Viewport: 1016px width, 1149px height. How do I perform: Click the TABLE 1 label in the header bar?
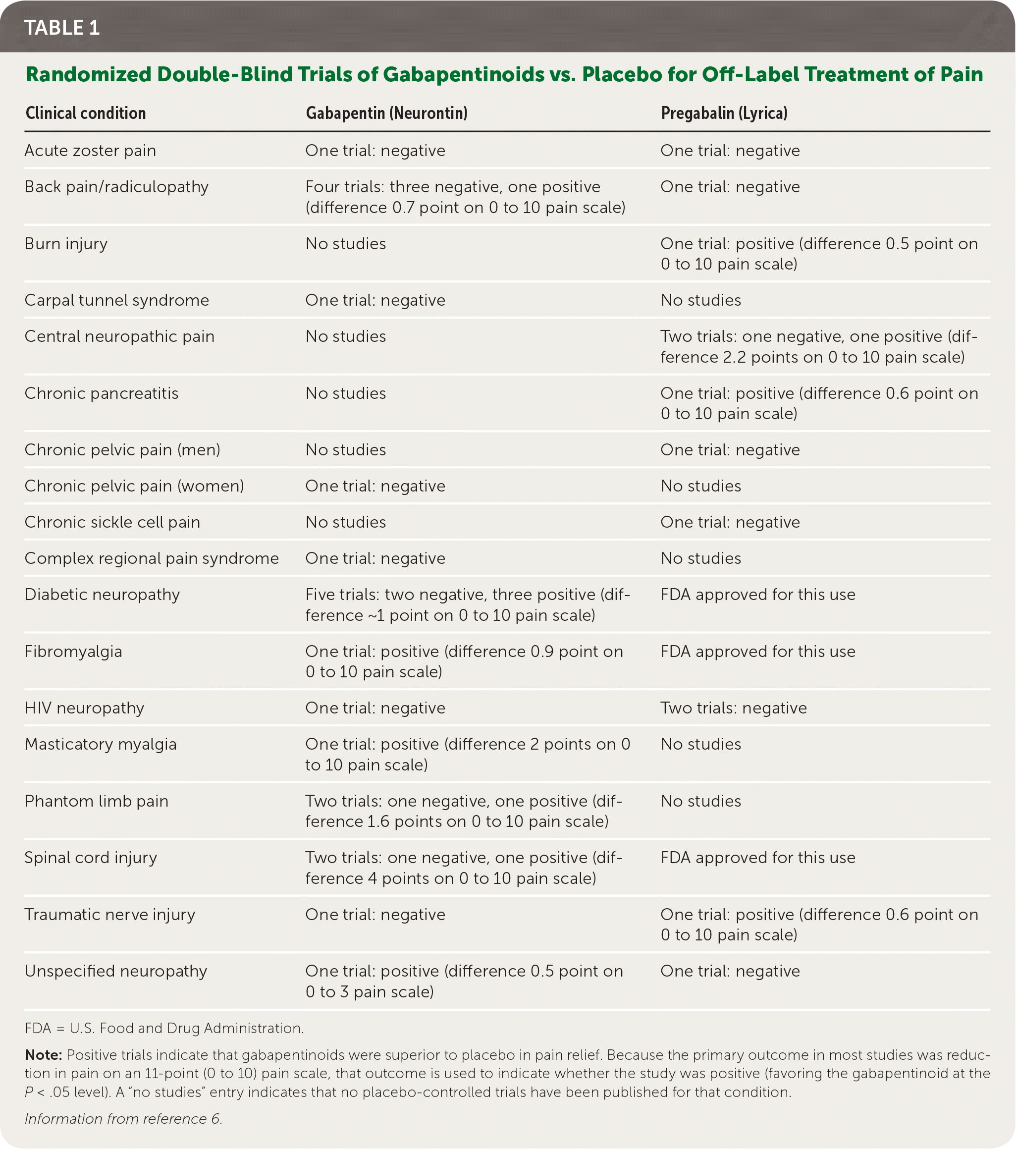click(62, 28)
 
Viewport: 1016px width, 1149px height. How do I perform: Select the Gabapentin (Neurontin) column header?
click(386, 113)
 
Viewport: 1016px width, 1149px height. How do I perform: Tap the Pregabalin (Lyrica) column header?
click(724, 113)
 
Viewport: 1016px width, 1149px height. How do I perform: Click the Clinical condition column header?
click(85, 113)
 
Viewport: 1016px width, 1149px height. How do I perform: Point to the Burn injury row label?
click(66, 244)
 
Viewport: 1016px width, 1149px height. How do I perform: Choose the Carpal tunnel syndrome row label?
click(116, 300)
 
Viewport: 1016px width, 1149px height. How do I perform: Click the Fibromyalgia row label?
click(73, 652)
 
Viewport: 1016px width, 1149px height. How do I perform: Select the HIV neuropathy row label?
click(84, 708)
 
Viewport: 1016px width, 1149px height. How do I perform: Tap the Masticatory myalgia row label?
click(101, 744)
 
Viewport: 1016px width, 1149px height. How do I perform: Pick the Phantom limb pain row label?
click(96, 801)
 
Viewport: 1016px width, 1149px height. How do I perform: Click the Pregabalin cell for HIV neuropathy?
click(733, 708)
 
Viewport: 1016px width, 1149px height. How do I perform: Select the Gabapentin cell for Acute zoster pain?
click(375, 151)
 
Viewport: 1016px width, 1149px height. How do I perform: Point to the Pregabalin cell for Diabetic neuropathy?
click(757, 595)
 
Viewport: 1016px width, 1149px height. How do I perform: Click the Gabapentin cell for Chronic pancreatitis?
click(346, 393)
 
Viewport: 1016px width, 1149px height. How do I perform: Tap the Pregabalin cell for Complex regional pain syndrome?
click(701, 558)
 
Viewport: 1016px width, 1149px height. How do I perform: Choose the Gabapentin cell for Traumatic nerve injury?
click(375, 915)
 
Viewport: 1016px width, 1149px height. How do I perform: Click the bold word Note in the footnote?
click(43, 1055)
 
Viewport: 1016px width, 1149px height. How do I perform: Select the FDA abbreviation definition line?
click(164, 1028)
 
